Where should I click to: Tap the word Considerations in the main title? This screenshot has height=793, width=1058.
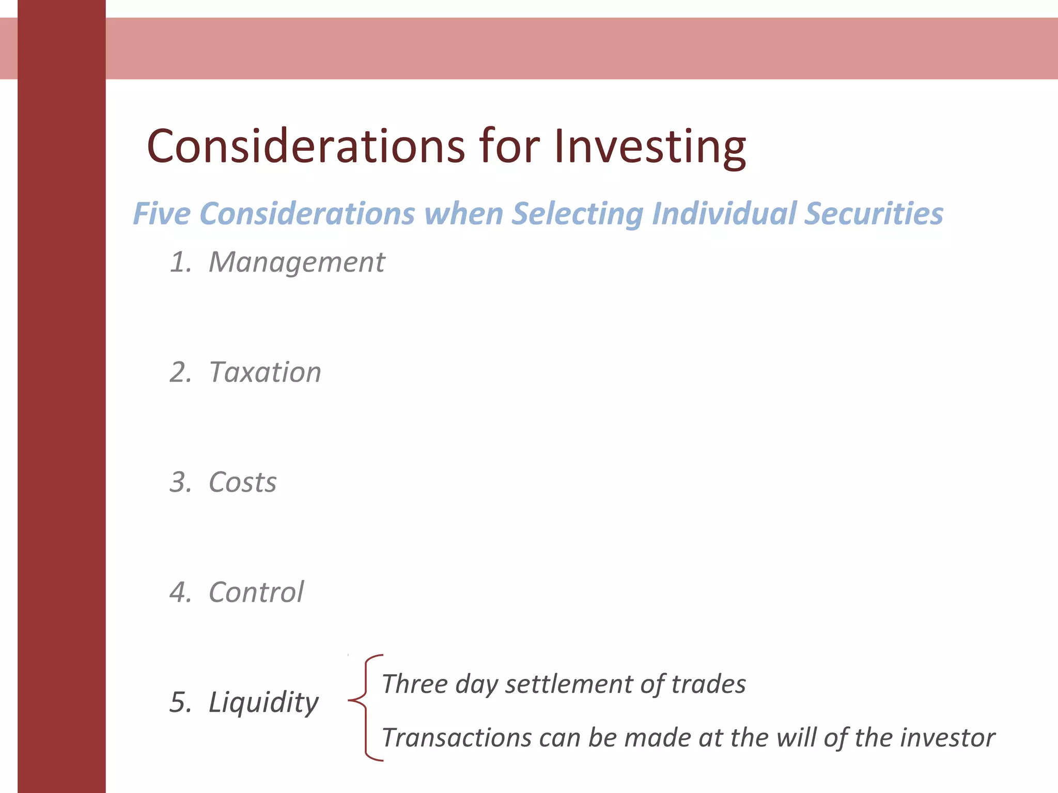point(306,147)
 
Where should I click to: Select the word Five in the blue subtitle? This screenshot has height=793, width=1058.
point(162,214)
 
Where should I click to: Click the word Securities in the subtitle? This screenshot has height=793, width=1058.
point(874,214)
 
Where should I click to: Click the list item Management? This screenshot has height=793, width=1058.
point(297,262)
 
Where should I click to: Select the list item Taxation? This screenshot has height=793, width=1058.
point(265,372)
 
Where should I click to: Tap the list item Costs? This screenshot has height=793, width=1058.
point(242,482)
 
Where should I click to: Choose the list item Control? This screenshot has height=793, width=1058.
point(256,592)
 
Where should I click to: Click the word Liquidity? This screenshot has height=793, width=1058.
point(263,702)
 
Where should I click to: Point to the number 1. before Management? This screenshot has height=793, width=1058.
point(180,262)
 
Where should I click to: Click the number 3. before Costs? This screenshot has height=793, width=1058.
point(180,482)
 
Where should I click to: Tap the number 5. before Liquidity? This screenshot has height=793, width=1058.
point(180,702)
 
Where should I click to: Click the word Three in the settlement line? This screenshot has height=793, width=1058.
point(414,684)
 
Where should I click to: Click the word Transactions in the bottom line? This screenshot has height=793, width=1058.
point(457,738)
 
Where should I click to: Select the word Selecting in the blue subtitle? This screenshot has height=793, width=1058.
point(578,214)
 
